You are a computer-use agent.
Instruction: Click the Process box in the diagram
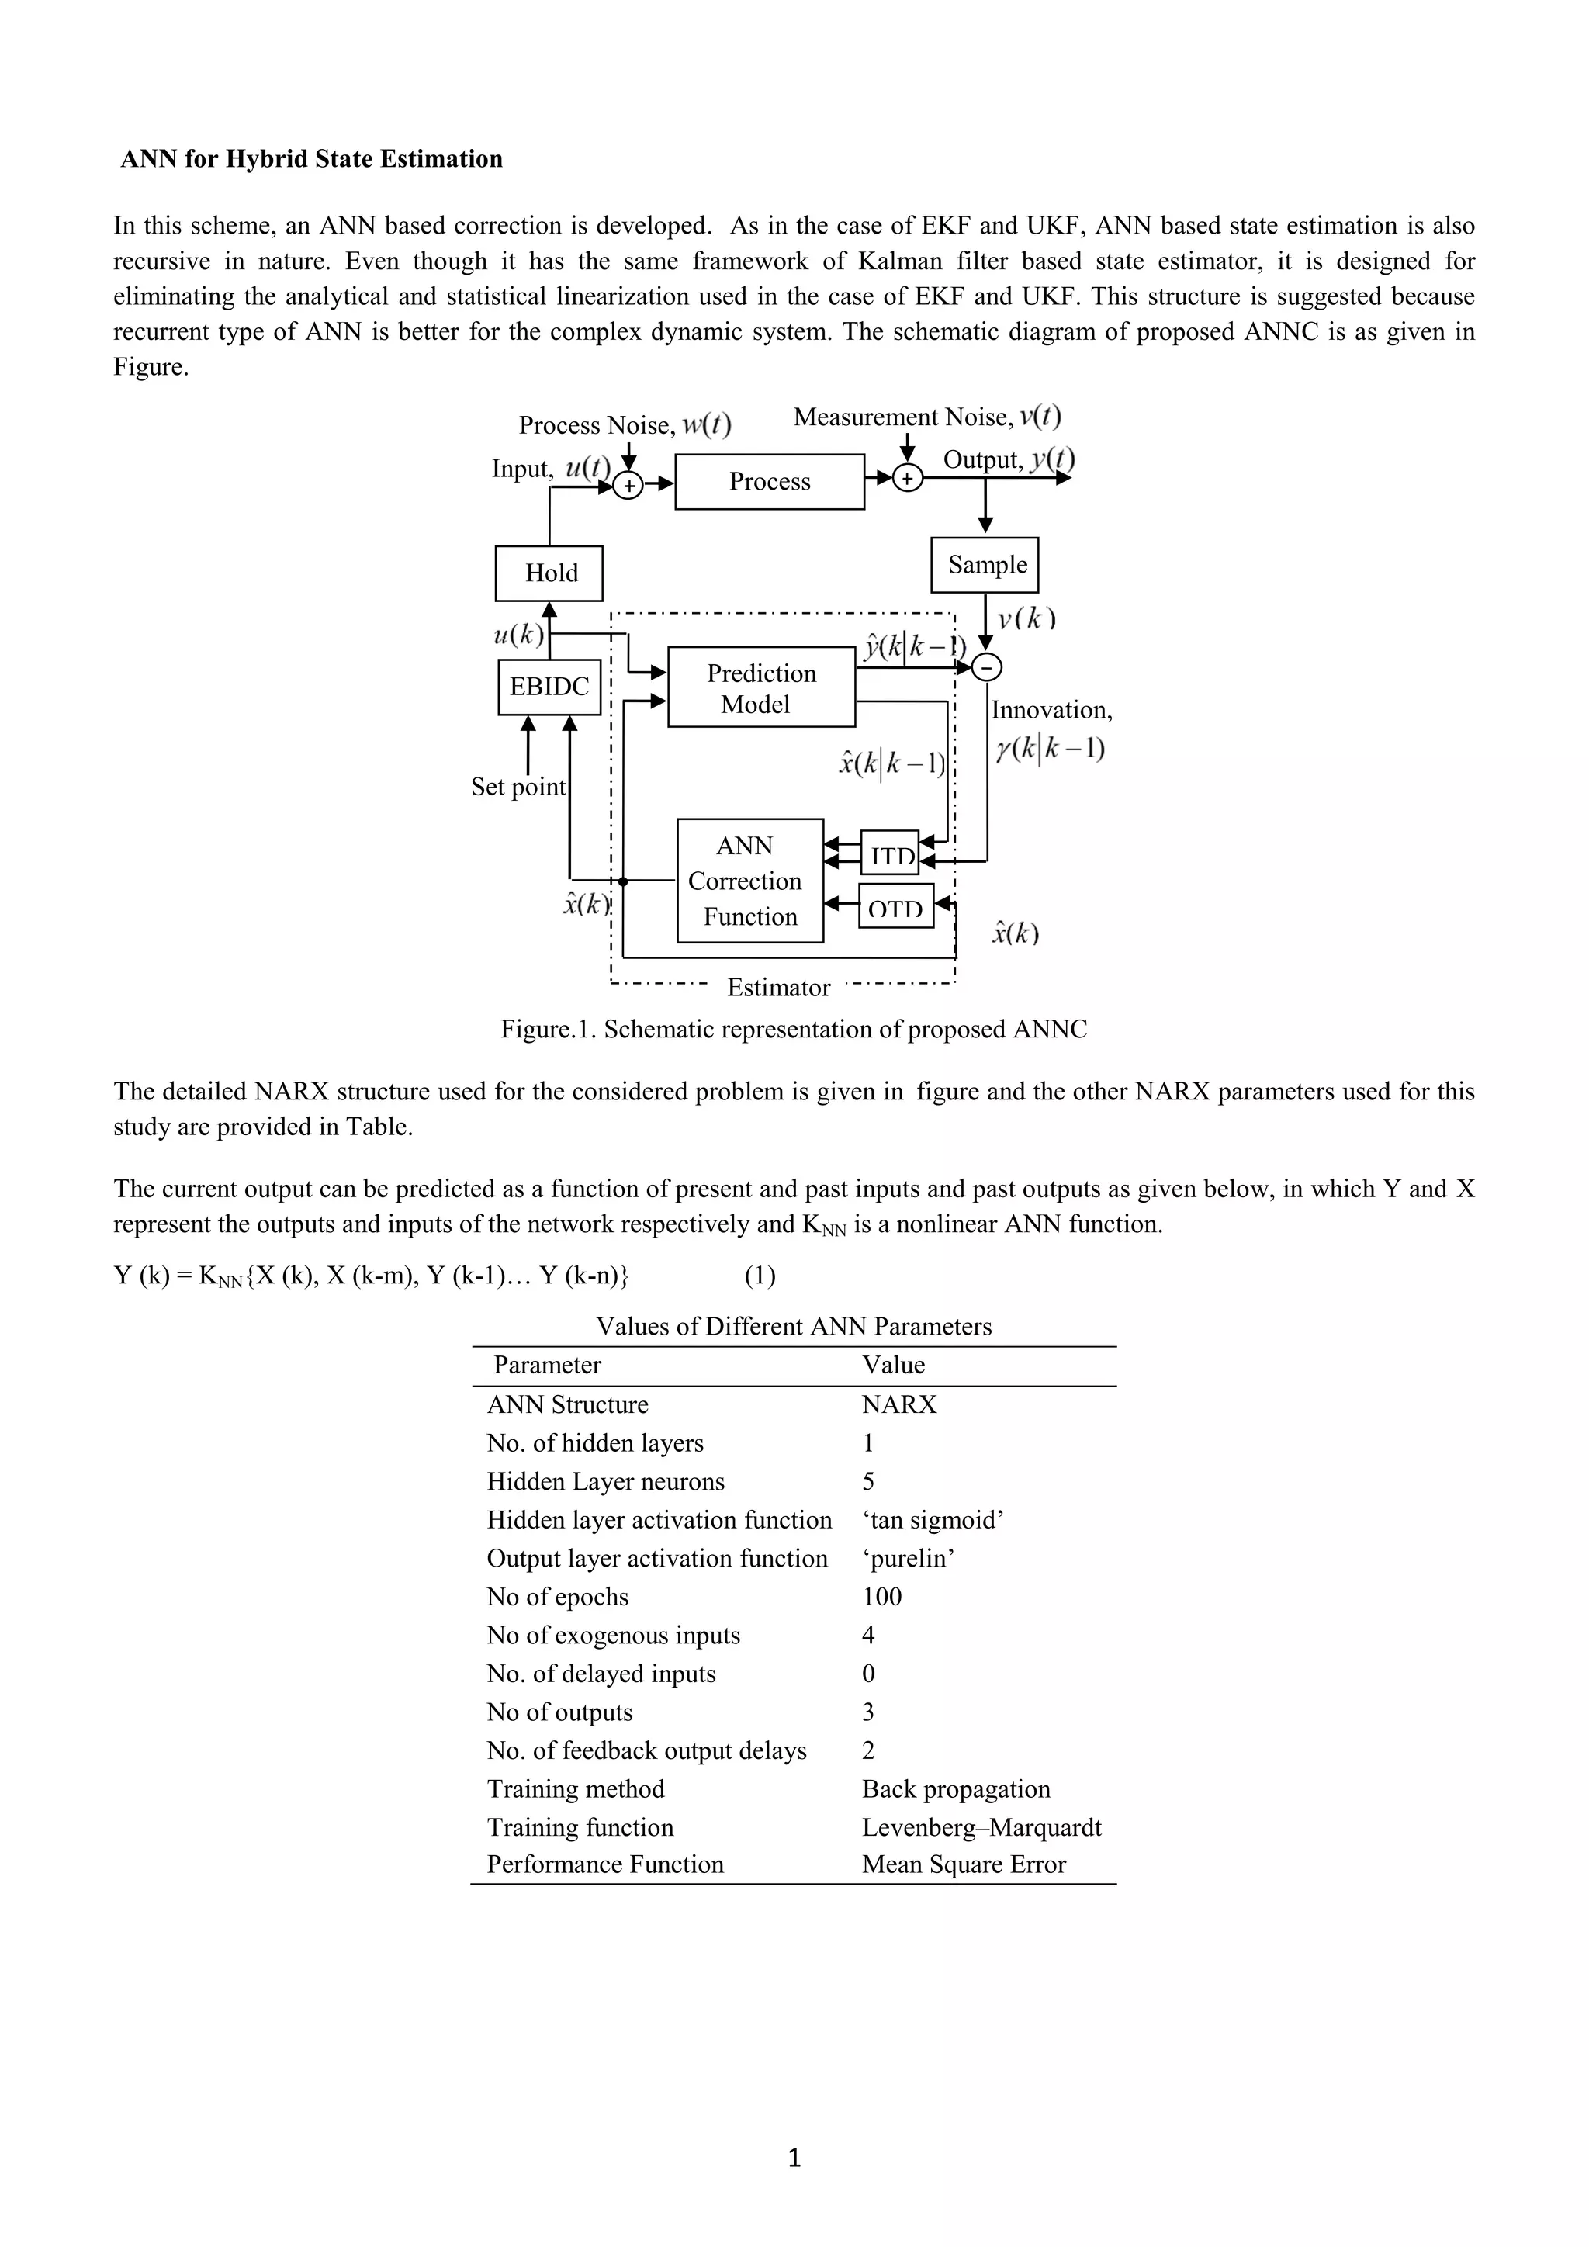(769, 482)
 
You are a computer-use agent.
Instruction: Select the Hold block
(549, 573)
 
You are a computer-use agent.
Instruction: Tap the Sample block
(985, 565)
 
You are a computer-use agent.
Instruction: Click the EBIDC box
(549, 687)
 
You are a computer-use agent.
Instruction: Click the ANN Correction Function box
(749, 881)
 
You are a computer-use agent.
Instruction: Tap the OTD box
(895, 907)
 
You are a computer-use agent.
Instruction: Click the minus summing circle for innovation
(986, 667)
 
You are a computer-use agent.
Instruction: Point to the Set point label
(518, 787)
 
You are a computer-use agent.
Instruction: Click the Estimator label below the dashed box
(778, 988)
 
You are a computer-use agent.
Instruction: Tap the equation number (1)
(760, 1276)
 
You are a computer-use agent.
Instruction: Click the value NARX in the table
(898, 1404)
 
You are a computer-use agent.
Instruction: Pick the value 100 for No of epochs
(881, 1596)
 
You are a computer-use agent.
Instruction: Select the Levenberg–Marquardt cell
(981, 1827)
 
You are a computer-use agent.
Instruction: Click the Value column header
(892, 1366)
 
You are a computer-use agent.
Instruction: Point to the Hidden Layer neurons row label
(606, 1482)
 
